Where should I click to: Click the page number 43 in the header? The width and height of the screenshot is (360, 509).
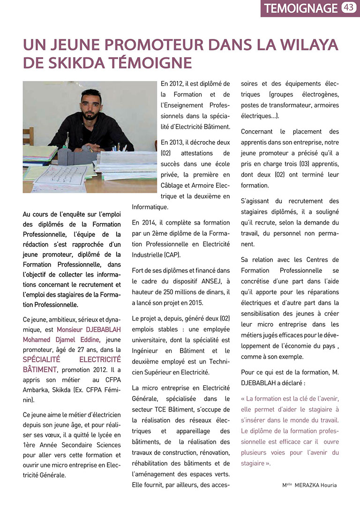tap(348, 7)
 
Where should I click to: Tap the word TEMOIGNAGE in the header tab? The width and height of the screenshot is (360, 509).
tap(300, 8)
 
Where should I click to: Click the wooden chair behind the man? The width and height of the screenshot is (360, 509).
tap(28, 136)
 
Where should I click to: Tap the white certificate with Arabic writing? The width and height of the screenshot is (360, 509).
tap(60, 178)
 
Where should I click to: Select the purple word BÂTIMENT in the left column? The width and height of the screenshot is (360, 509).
tap(40, 370)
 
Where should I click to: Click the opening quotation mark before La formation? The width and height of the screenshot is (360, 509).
tap(243, 399)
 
